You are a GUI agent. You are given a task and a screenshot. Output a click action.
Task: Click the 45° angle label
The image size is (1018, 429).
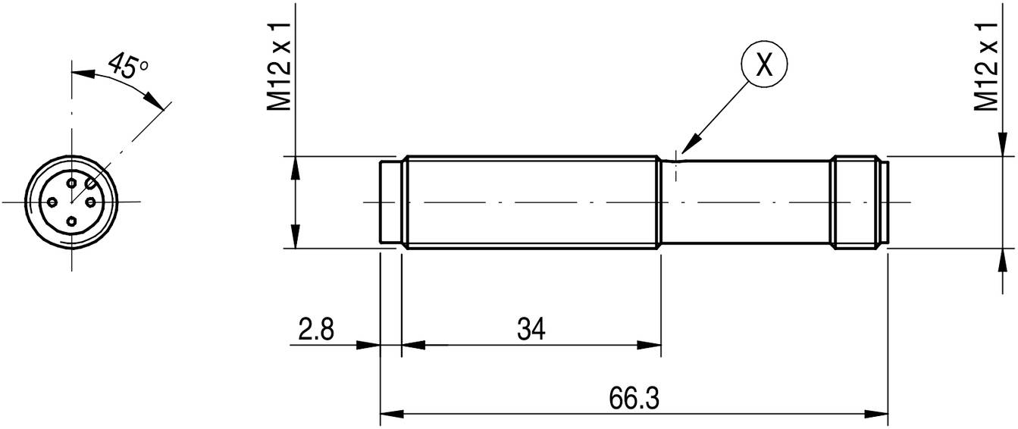127,67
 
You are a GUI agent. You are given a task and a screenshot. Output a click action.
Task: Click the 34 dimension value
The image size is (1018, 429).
531,330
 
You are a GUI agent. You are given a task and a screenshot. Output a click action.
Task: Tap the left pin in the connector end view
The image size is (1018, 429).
53,202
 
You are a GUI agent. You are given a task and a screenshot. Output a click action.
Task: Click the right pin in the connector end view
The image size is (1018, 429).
90,202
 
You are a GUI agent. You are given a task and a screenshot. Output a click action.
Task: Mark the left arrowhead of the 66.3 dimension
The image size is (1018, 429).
390,414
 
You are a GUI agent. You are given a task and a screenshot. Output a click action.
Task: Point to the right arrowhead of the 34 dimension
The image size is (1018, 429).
651,345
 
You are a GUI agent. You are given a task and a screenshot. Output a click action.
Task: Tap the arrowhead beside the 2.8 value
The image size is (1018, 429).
369,345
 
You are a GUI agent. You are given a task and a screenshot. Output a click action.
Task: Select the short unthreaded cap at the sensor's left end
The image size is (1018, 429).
390,202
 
